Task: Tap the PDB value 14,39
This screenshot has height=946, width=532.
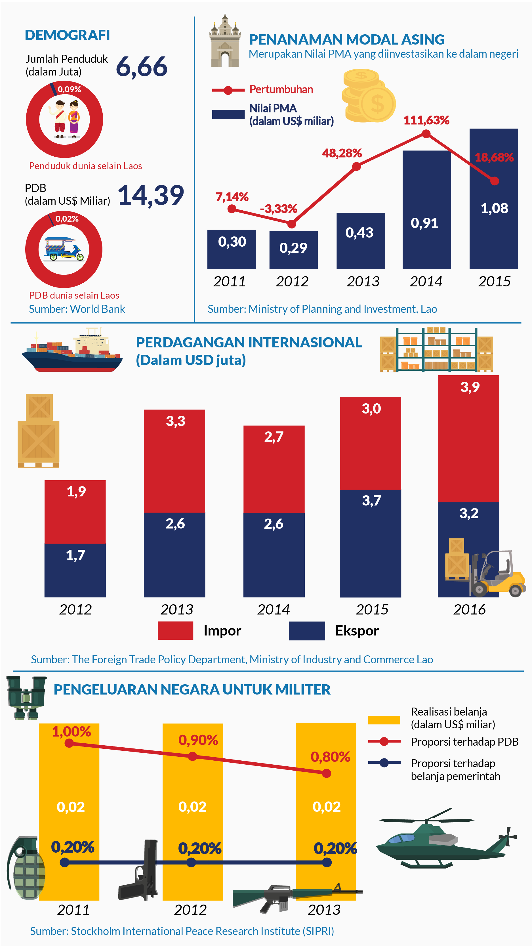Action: (x=151, y=195)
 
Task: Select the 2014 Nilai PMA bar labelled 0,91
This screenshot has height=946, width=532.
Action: (x=426, y=209)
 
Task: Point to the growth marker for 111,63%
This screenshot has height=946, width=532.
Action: (x=426, y=134)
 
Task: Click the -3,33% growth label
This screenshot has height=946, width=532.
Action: (x=278, y=209)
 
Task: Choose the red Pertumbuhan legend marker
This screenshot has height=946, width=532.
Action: (x=228, y=90)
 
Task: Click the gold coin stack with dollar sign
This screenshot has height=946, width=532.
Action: (x=368, y=96)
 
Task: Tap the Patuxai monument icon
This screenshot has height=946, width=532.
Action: (x=225, y=42)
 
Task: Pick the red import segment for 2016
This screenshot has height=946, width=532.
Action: (x=468, y=439)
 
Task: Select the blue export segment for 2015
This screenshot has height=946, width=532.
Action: (x=370, y=544)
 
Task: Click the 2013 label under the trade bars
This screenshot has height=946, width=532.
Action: (x=176, y=610)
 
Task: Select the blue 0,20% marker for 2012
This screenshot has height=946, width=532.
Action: (x=191, y=862)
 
